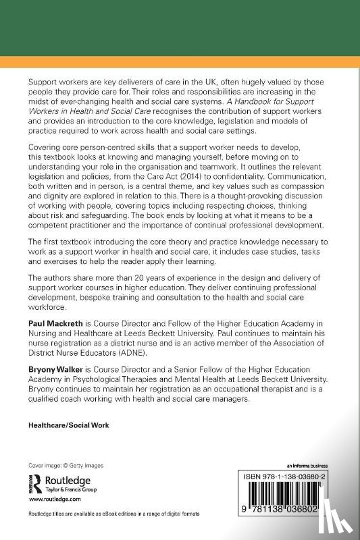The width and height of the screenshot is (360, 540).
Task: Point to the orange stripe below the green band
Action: coord(180,61)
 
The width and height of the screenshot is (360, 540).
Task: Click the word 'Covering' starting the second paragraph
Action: coord(43,147)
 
